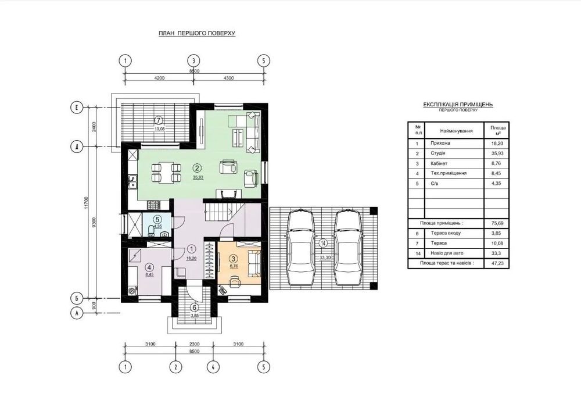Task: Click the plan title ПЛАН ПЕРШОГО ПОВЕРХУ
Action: tap(197, 33)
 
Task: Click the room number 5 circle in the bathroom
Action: tap(157, 219)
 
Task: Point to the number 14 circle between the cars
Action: tap(324, 244)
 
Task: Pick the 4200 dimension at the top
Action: tap(159, 78)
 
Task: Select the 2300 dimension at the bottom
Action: tap(194, 344)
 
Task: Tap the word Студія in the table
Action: tap(438, 153)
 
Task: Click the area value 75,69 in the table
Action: tap(497, 223)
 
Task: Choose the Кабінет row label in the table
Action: tap(439, 163)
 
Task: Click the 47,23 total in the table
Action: tap(497, 263)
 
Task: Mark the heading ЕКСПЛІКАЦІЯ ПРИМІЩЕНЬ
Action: tap(458, 105)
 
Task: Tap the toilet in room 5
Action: tap(151, 231)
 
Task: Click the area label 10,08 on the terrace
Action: tap(159, 129)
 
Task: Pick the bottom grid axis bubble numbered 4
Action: tap(213, 367)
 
